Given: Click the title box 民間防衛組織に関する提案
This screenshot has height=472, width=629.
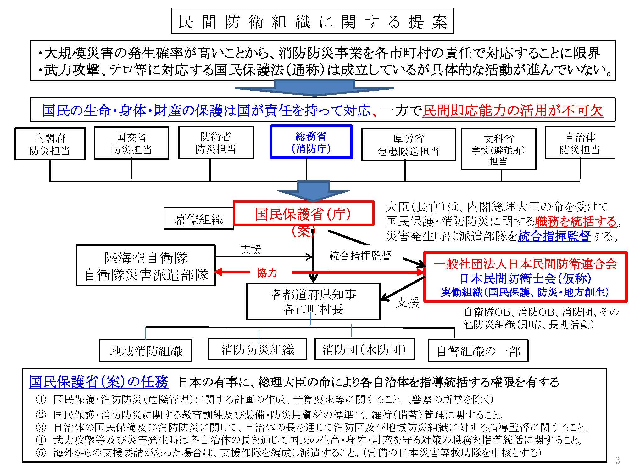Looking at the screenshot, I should pos(312,21).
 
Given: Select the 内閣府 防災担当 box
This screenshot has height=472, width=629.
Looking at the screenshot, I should pos(50,144).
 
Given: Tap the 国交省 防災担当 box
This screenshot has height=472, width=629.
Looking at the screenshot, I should pos(131,143).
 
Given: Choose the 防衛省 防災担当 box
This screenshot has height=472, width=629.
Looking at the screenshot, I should pos(216,142).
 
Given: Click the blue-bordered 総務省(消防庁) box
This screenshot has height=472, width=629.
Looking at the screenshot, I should pos(311,142).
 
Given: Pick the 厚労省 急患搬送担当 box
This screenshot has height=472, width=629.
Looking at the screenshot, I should pos(408,144).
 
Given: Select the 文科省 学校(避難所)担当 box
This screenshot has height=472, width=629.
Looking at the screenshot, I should pos(498,149).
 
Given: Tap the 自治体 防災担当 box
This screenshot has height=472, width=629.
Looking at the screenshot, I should pos(580,143).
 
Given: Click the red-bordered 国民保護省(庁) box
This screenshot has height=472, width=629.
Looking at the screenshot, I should pos(303,214).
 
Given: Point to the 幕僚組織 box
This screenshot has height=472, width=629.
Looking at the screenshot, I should pos(198,219).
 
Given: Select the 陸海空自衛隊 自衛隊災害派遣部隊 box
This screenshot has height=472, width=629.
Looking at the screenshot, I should pos(146,266).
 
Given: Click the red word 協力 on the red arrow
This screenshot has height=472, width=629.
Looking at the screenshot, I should pos(267,273).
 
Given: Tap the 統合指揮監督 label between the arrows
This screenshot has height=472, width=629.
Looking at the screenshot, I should pos(360,256).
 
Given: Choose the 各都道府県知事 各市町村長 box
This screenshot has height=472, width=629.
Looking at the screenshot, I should pos(313,301).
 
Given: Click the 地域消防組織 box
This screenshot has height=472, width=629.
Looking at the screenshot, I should pos(146,351).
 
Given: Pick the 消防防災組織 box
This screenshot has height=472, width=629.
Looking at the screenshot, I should pos(257,349).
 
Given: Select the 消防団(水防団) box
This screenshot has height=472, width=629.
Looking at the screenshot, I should pos(364,349).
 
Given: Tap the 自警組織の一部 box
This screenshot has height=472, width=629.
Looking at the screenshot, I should pos(478,351).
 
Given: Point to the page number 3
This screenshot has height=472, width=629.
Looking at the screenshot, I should pos(617,461).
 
